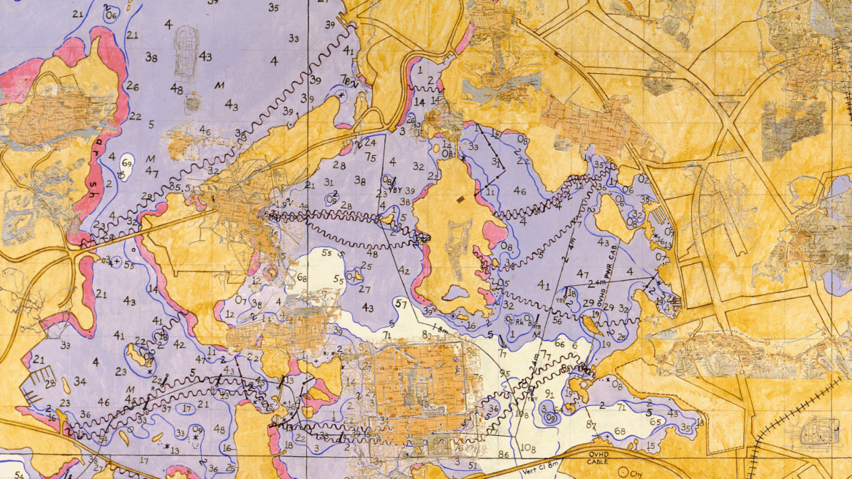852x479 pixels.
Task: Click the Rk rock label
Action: [520, 319]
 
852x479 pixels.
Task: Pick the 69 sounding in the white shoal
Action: [127, 162]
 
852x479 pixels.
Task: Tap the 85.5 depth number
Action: [178, 187]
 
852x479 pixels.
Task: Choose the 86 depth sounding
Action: [503, 454]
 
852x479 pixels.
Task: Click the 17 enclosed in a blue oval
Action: [187, 409]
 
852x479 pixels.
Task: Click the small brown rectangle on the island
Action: [459, 199]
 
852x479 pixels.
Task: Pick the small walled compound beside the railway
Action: [821, 432]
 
